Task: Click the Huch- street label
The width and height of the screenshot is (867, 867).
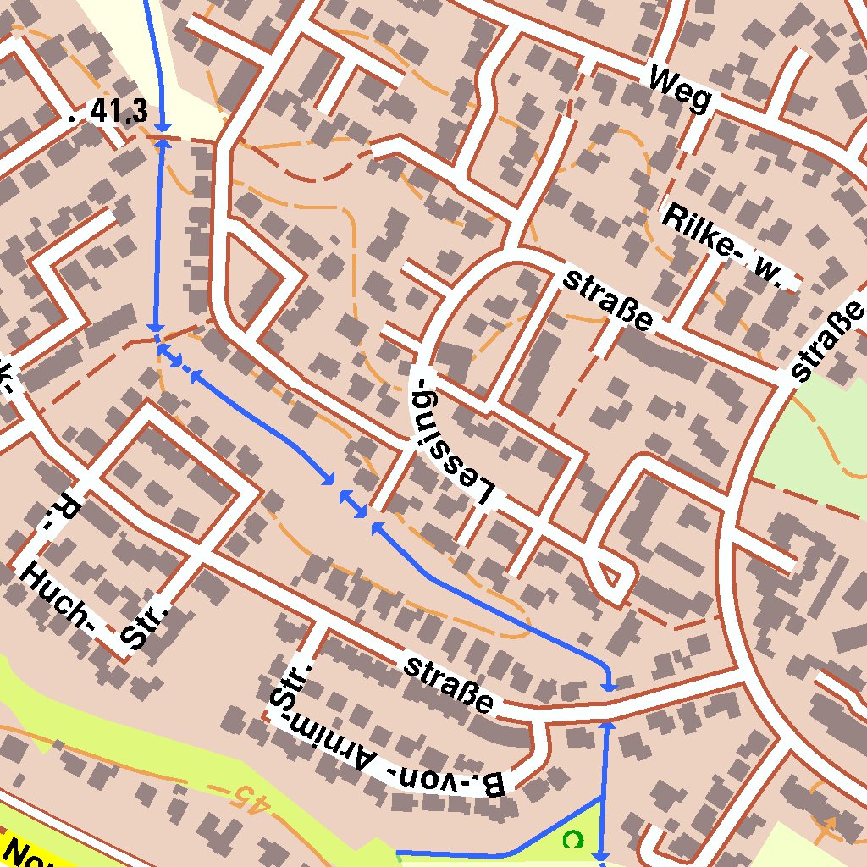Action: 58,598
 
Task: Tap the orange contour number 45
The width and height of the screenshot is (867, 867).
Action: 253,798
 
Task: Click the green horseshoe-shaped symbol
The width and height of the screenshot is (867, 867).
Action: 574,839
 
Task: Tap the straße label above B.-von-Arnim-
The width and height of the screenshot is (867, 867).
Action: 448,684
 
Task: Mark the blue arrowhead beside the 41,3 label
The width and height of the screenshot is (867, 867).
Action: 161,125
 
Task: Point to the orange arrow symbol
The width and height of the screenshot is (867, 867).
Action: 827,823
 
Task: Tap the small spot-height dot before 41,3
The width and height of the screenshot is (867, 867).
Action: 71,119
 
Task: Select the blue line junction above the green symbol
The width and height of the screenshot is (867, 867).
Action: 602,798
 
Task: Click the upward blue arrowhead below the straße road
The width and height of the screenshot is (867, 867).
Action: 605,727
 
